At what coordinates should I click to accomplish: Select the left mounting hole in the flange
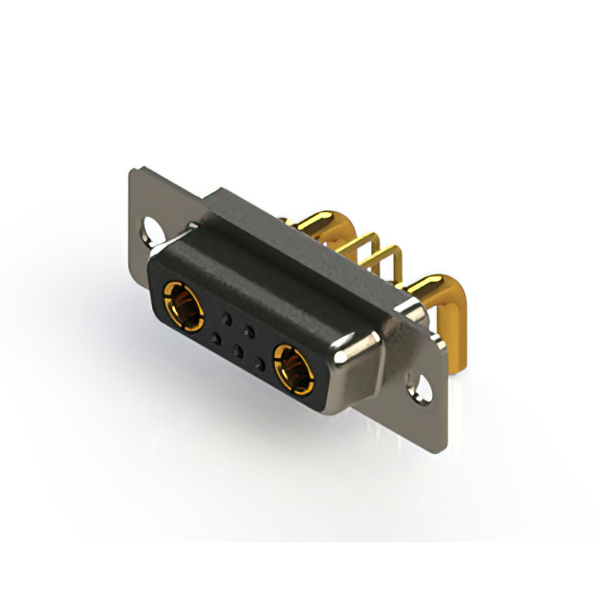click(x=152, y=228)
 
